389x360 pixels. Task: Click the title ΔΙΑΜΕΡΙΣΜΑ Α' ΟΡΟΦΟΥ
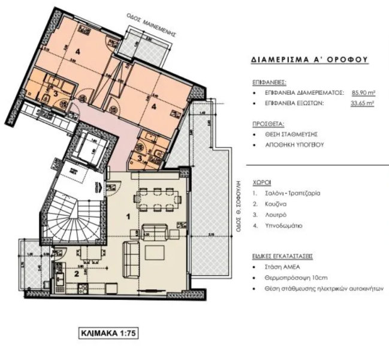pyautogui.click(x=307, y=60)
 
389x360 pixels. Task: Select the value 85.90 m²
pyautogui.click(x=363, y=93)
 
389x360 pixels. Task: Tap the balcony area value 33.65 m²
pyautogui.click(x=362, y=103)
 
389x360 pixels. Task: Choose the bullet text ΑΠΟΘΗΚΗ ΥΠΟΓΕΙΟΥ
pyautogui.click(x=291, y=144)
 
